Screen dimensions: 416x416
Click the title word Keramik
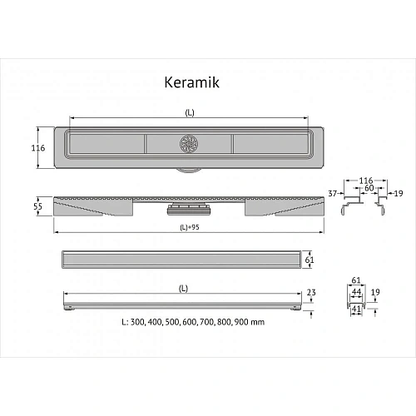[191, 82]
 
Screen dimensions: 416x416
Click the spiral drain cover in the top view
[189, 144]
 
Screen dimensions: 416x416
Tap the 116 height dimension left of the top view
[38, 148]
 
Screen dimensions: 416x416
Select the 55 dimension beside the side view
[37, 206]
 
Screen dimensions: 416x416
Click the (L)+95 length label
[190, 227]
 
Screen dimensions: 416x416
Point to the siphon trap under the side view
[189, 209]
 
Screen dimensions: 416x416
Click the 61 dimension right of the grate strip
[310, 260]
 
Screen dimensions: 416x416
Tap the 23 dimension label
[311, 292]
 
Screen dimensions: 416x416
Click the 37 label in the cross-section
[333, 193]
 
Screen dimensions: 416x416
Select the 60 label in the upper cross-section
[369, 188]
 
